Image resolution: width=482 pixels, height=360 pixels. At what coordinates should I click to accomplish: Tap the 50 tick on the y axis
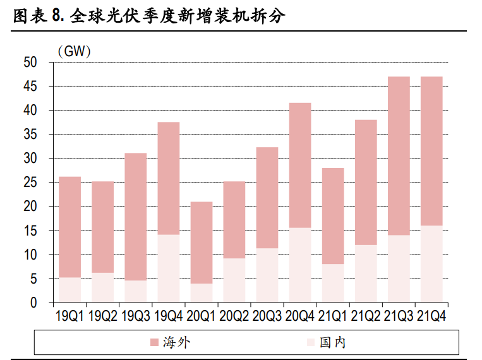30,63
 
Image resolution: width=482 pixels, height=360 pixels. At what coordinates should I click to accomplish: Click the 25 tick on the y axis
30,183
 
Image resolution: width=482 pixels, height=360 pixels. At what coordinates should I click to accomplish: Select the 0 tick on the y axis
33,303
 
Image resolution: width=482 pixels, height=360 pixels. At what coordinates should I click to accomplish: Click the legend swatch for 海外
154,343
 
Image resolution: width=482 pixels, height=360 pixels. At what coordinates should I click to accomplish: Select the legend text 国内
333,343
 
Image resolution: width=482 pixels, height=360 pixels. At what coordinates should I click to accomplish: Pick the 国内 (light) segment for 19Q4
169,268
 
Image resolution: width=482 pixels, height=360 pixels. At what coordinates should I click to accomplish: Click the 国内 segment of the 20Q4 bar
300,265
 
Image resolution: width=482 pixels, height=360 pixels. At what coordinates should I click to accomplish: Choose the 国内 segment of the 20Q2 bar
234,280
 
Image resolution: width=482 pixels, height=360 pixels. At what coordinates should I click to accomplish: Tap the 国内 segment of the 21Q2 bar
366,274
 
